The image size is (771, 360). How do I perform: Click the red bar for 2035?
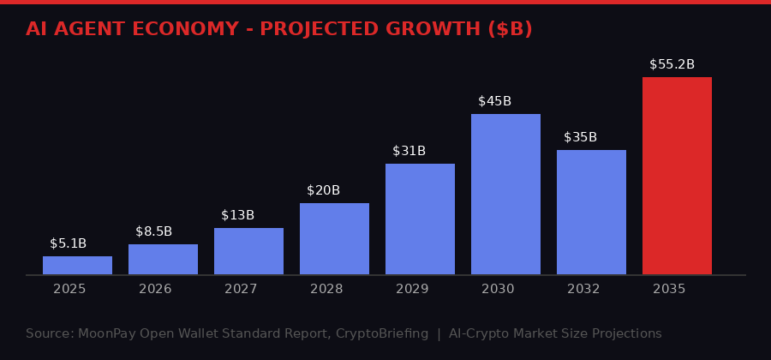point(677,176)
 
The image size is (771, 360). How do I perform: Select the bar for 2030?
point(505,194)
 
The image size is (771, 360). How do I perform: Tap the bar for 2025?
point(77,265)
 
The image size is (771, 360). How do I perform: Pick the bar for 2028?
point(334,238)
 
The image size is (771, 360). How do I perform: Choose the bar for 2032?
point(591,212)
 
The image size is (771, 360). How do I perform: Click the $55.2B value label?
point(672,64)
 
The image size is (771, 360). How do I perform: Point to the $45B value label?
point(494,101)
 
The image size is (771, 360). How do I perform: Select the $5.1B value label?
point(68,243)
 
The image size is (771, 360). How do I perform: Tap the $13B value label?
point(237,215)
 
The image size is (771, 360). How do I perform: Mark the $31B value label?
point(409,151)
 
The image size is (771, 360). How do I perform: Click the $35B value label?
point(580,137)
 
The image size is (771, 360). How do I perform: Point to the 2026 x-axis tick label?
point(155,289)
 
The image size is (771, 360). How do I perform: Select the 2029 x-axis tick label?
point(412,289)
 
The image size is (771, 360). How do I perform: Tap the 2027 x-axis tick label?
point(241,289)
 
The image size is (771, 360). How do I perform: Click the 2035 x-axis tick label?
point(669,289)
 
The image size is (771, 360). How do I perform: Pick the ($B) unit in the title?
point(510,28)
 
